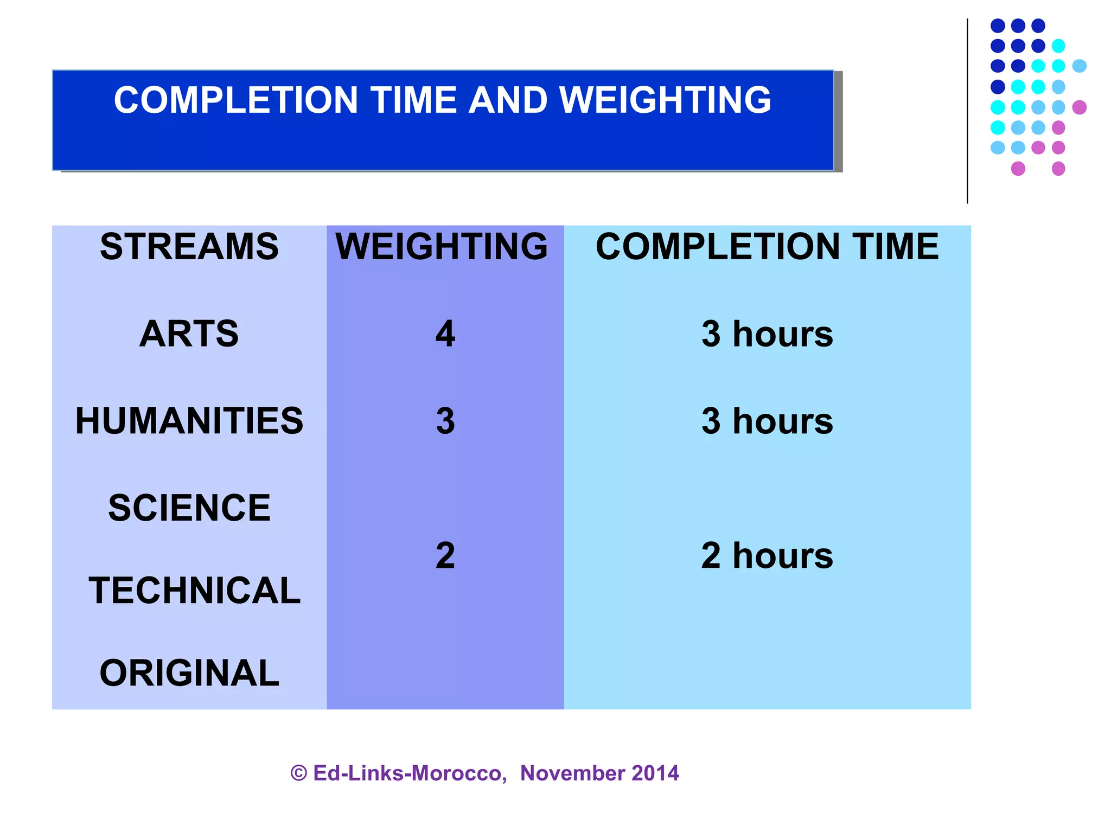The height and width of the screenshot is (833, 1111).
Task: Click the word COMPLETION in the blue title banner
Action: [235, 100]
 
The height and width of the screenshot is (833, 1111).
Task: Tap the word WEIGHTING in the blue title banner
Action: [665, 100]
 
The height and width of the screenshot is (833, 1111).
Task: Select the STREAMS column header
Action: [189, 247]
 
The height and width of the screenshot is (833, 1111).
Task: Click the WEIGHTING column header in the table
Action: [442, 247]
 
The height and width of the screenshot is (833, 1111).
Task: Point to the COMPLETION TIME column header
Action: [767, 247]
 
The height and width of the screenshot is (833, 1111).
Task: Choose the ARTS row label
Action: [189, 334]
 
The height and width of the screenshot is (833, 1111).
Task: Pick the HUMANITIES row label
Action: [189, 421]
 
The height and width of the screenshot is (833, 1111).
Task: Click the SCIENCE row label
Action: [189, 508]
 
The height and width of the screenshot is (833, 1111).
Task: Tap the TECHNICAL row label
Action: [194, 591]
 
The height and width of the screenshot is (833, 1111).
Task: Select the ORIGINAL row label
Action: [189, 673]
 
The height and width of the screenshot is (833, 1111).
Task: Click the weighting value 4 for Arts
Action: [445, 334]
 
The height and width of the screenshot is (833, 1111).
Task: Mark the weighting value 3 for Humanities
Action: [445, 421]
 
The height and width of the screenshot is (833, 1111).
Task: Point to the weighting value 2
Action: [445, 556]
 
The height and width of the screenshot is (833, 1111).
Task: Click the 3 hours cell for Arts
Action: [767, 334]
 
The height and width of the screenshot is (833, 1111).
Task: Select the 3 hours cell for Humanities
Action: [767, 421]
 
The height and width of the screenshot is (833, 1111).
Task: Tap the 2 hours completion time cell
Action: [767, 556]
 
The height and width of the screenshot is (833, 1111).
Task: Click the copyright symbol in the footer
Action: [299, 773]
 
